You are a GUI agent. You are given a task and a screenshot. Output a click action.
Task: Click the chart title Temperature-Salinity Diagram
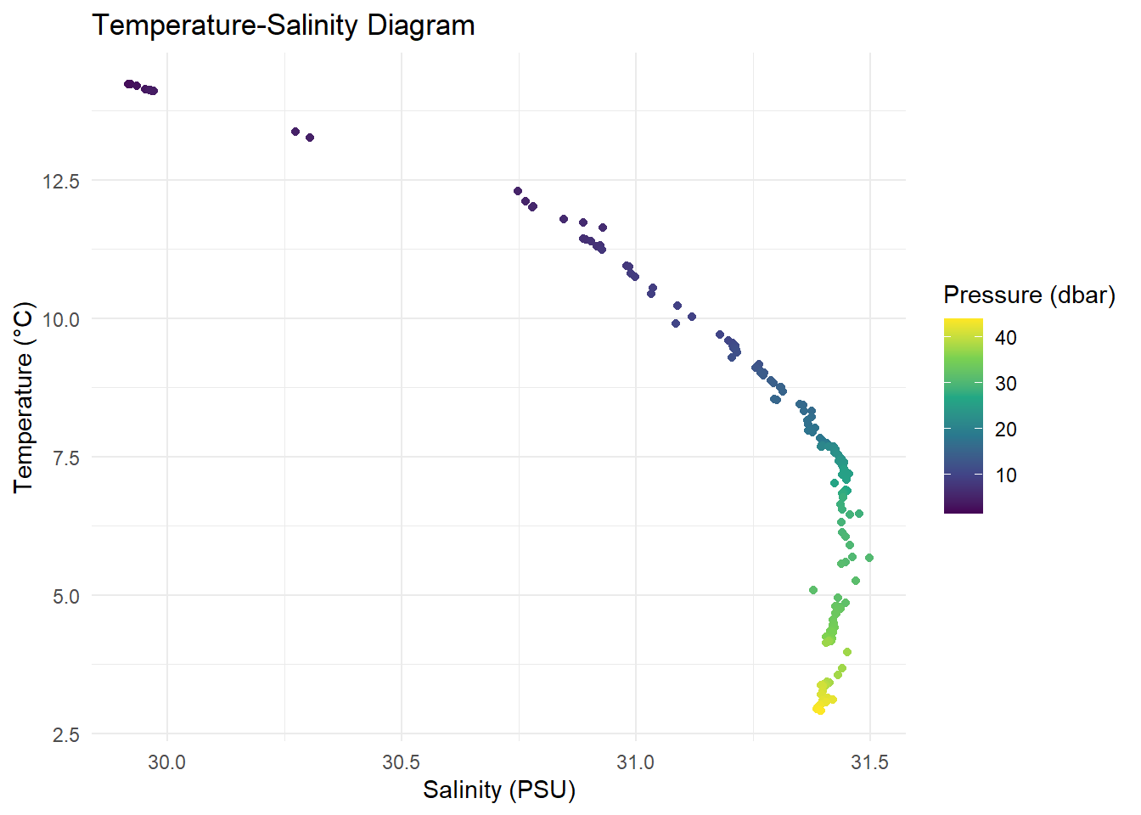[283, 25]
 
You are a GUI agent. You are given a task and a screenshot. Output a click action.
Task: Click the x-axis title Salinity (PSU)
[499, 790]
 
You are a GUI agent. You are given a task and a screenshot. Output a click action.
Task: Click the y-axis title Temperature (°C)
[23, 396]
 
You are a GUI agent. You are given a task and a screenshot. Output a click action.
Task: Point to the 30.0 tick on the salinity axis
[167, 762]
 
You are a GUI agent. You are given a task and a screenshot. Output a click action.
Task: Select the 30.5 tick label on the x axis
[401, 762]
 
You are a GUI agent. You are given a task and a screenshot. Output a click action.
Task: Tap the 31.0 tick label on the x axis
[635, 762]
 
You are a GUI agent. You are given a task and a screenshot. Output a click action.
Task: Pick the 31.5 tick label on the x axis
[869, 762]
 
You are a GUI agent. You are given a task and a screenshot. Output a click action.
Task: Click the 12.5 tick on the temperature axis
[61, 181]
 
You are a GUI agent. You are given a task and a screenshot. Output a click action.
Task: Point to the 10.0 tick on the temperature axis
[61, 319]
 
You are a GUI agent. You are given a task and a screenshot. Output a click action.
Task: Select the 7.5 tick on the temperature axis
[66, 458]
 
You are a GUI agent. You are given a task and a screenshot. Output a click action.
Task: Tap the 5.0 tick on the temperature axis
[66, 596]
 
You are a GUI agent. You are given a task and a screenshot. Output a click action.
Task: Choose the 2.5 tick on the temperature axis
[66, 734]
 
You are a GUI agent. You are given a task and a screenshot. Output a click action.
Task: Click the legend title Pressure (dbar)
[1029, 295]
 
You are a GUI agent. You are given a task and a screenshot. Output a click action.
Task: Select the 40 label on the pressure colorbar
[1006, 338]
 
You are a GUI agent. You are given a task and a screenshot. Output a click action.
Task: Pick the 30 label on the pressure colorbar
[1006, 384]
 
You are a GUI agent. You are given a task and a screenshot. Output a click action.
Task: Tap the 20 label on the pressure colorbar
[1006, 430]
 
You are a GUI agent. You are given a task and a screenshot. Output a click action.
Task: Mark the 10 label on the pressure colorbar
[1006, 475]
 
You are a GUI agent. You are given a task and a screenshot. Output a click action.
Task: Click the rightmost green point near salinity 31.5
[869, 558]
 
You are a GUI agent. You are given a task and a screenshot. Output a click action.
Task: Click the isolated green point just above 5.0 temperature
[813, 590]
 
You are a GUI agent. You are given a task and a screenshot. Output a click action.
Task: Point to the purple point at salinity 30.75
[518, 191]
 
